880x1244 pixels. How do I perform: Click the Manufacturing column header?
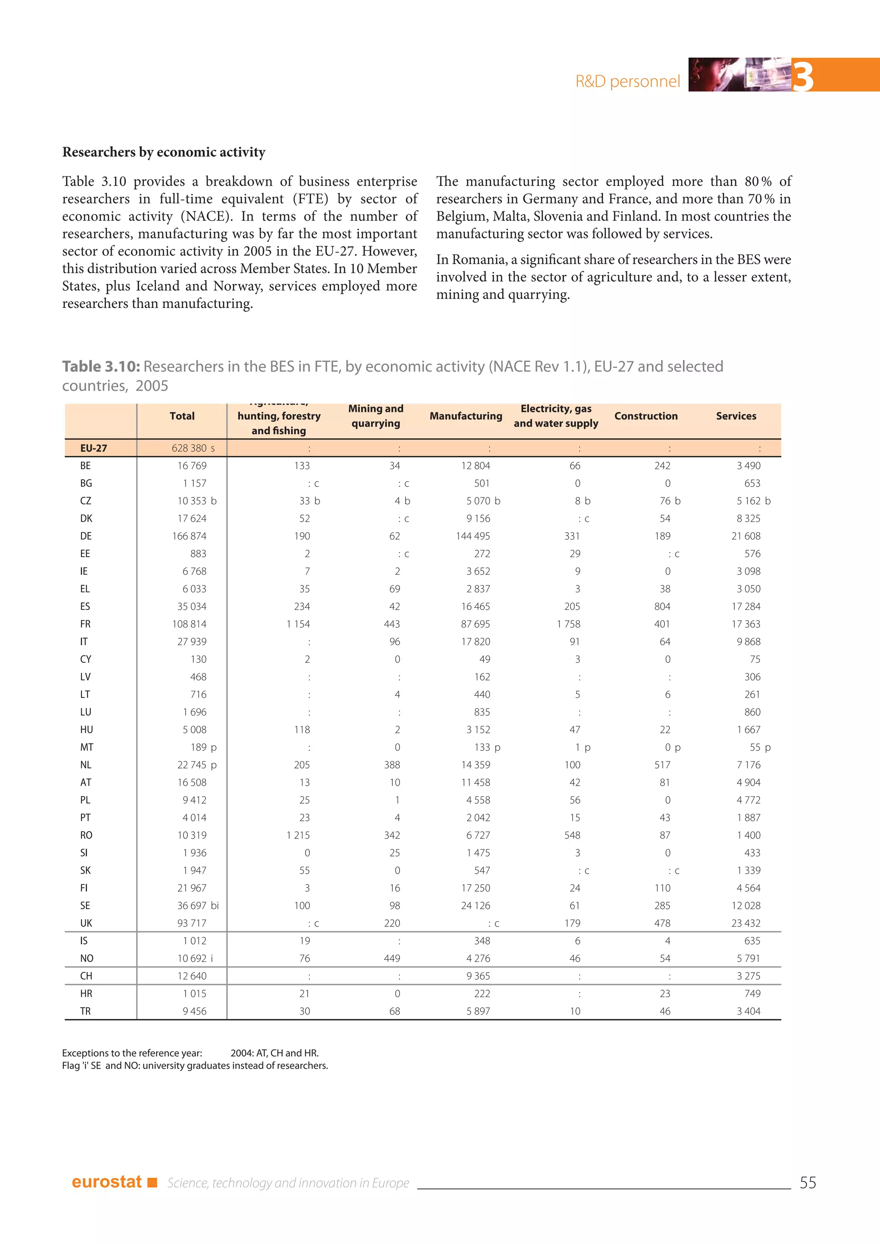click(465, 416)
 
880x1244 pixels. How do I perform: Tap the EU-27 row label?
click(93, 448)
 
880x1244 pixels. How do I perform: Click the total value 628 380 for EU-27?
click(189, 448)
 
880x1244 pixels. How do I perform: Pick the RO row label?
click(86, 835)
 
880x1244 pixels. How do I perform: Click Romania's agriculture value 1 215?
click(298, 835)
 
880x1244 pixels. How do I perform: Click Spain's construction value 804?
click(662, 606)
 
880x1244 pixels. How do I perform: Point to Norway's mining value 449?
click(392, 958)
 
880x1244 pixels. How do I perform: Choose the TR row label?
click(86, 1011)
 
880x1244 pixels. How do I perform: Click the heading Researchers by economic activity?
click(164, 152)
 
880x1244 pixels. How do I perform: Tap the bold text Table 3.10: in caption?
click(101, 367)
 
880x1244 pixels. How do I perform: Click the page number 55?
click(807, 1182)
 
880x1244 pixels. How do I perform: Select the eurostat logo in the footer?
click(107, 1182)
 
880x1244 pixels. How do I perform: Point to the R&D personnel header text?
click(627, 81)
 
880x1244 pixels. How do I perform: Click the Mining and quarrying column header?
click(376, 416)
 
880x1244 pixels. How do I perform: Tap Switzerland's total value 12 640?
click(191, 976)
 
